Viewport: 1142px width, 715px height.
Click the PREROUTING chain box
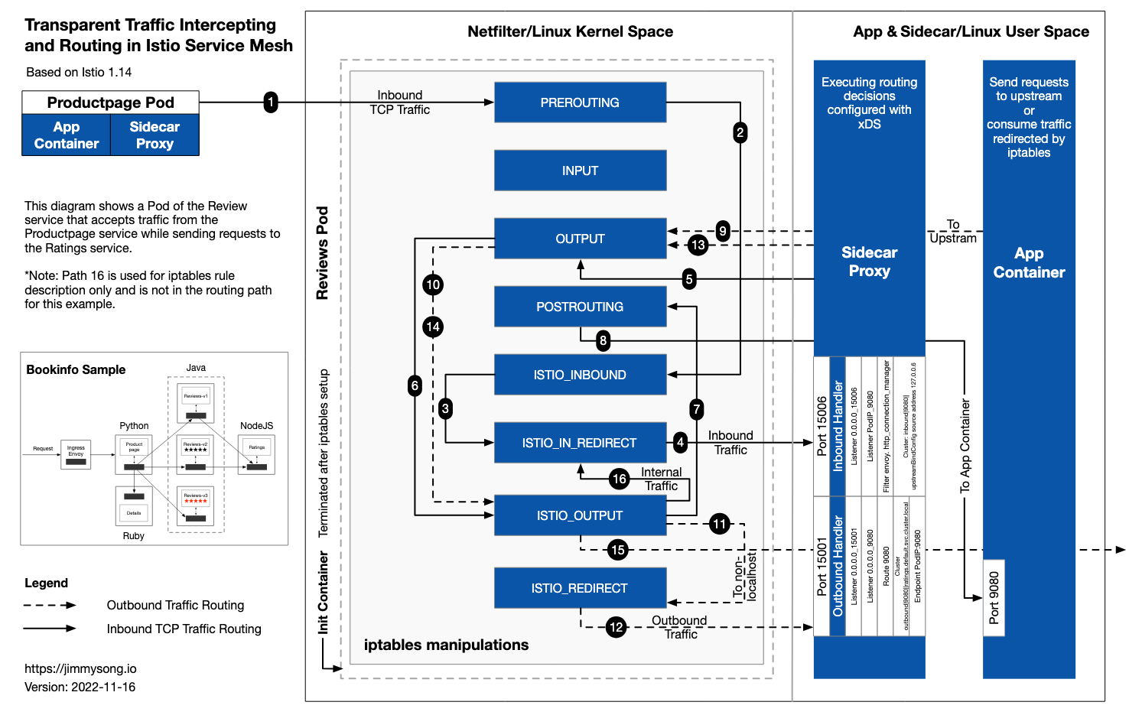pos(580,102)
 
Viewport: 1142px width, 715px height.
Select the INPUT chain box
pos(580,171)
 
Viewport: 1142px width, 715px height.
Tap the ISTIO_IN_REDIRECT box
pos(579,443)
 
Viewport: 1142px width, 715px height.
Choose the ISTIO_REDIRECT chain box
pos(579,588)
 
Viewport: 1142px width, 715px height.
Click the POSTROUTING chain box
pos(579,307)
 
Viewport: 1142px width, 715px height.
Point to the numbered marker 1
pos(271,102)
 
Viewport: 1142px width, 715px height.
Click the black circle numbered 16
pos(620,479)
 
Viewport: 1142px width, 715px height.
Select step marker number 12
pos(616,627)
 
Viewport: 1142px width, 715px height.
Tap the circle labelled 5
pos(689,279)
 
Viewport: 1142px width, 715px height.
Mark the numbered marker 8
pos(604,340)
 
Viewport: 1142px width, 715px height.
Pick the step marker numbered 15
pos(618,549)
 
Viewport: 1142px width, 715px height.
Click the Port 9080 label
pos(994,598)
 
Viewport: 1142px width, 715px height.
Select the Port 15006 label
pos(822,426)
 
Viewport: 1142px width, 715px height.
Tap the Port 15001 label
pos(822,567)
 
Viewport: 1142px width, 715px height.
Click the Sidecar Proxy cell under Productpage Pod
pos(155,135)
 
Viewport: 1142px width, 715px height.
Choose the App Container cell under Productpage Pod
pos(67,135)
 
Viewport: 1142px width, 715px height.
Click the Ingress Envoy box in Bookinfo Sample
pos(76,453)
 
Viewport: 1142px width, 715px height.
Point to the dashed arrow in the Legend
pos(50,605)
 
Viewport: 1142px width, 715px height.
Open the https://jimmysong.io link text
pos(80,668)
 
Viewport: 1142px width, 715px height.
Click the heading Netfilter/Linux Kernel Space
pos(570,31)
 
